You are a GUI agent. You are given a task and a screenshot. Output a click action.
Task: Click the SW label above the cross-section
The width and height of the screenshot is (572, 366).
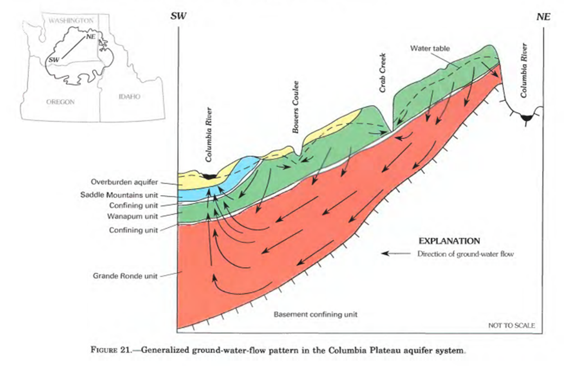coord(178,16)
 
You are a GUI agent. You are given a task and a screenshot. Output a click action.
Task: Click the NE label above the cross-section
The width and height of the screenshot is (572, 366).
coord(543,16)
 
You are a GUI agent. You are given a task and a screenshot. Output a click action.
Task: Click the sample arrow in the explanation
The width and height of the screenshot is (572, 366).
coord(394,253)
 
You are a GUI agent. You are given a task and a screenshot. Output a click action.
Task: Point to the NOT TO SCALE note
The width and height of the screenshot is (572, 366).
coord(511,326)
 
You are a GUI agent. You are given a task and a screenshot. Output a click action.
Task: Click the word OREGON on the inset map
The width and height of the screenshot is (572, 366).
coord(61,101)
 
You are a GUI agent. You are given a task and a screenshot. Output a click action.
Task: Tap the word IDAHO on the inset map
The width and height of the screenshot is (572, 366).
coord(128,97)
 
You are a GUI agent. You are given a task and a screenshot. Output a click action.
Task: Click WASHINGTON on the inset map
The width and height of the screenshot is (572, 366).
coord(70,20)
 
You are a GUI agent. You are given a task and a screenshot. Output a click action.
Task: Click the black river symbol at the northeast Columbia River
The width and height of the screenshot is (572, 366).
coord(525,118)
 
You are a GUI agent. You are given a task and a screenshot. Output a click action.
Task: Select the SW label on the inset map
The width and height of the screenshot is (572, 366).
coord(53,59)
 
